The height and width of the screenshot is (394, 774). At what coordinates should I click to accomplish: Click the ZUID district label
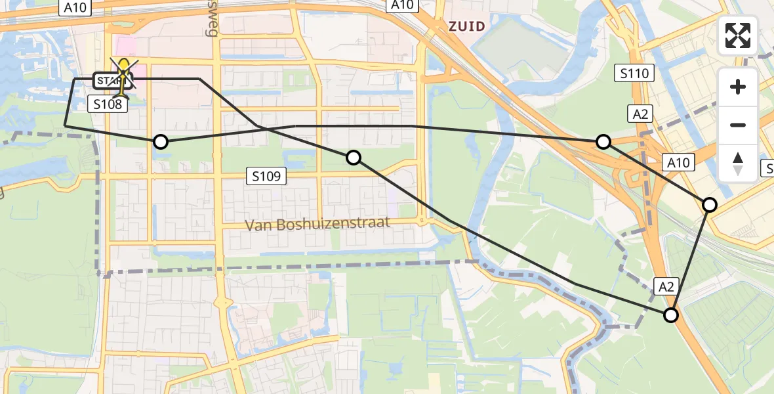tap(466, 26)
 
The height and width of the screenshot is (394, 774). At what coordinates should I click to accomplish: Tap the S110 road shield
tap(635, 73)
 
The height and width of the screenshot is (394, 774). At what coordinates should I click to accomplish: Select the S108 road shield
tap(108, 104)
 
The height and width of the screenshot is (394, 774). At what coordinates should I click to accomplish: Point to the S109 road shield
tap(266, 176)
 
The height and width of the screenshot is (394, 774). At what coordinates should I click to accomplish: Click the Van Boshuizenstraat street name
tap(317, 224)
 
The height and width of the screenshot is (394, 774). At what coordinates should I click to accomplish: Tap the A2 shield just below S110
tap(641, 114)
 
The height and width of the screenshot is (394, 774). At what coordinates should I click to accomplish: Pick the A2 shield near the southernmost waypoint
tap(666, 286)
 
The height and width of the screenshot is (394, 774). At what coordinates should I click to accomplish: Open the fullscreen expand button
tap(738, 35)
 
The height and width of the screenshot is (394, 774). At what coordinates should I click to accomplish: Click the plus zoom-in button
tap(738, 87)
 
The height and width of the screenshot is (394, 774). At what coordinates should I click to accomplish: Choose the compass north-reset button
tap(738, 163)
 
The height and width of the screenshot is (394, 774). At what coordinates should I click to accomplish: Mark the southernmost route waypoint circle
tap(670, 315)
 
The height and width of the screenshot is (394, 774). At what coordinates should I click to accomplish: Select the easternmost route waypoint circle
tap(710, 205)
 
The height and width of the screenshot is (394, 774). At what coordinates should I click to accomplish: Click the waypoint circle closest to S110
tap(603, 141)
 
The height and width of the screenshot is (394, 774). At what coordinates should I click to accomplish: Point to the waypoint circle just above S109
tap(354, 157)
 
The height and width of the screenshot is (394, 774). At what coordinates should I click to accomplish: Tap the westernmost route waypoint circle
tap(160, 141)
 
